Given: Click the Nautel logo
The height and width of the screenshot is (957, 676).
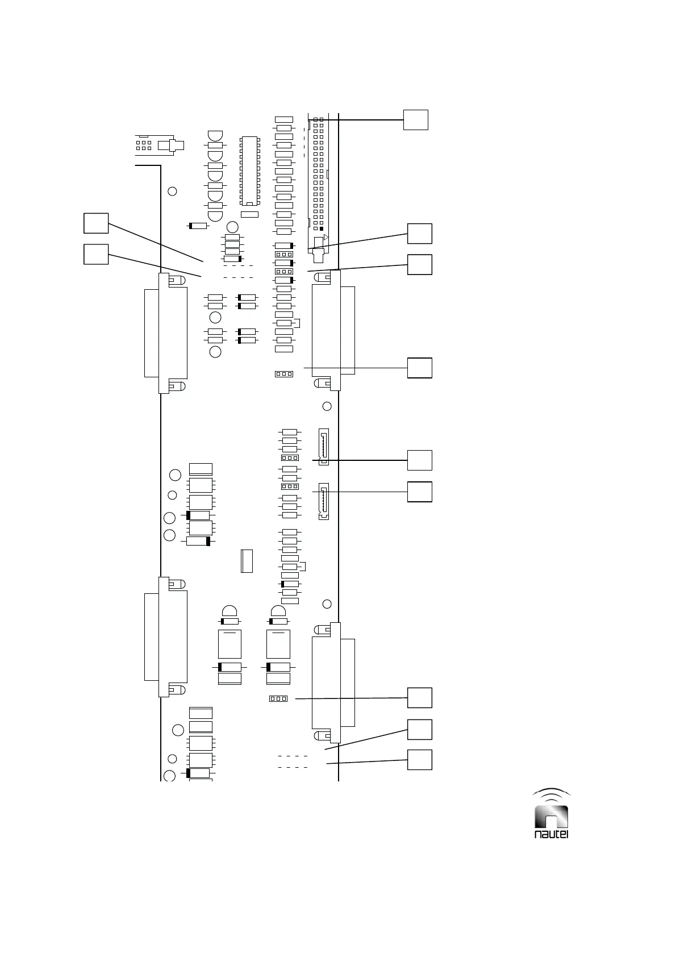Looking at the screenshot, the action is point(552,814).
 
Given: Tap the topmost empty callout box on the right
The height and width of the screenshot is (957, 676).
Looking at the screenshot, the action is point(415,119).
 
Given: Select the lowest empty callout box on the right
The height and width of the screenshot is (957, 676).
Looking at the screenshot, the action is point(420,760).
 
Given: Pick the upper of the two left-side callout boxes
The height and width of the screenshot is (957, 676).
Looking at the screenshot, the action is point(96,223).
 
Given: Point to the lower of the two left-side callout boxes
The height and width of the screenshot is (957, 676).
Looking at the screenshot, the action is point(96,254).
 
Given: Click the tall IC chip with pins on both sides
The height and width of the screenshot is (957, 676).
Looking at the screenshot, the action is point(249,170).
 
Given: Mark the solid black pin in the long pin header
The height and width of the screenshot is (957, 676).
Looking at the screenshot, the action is point(321,228).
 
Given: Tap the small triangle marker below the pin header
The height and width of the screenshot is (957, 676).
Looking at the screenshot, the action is point(326,237).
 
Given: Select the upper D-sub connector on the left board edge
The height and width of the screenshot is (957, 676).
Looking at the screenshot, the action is point(165,333).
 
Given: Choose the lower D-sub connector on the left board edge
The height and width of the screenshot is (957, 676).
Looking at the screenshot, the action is point(165,636).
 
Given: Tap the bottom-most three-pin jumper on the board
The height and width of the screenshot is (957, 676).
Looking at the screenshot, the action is point(278,698).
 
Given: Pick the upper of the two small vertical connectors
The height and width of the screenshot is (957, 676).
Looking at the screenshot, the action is point(323,447).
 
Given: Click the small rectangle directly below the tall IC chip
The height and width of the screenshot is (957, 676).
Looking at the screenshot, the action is point(249,214).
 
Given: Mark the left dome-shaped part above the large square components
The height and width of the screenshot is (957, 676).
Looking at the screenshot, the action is point(229,611).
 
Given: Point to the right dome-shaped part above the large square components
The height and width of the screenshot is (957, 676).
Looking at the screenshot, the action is point(278,611).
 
